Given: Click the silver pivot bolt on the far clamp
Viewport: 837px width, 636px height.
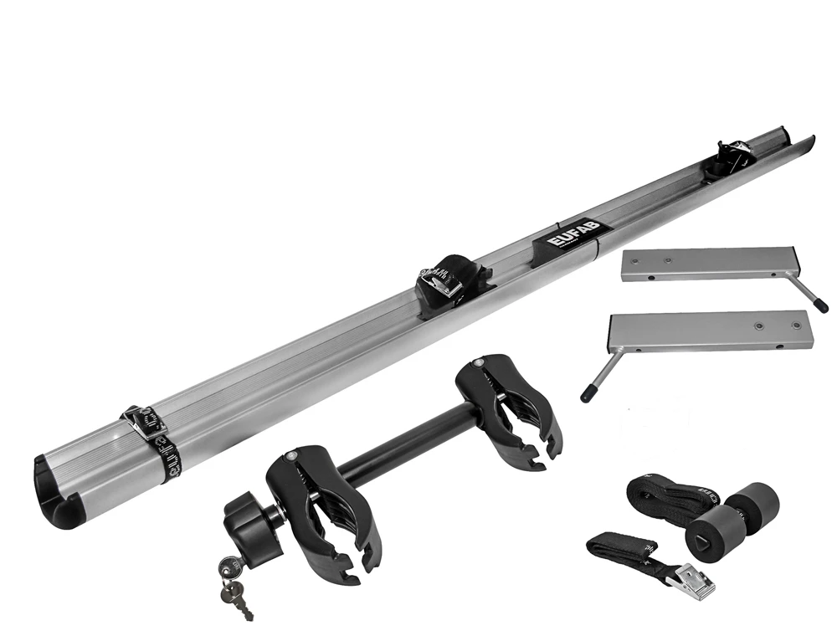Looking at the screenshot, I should coord(478,362).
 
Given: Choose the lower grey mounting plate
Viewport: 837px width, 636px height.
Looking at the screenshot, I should coord(711,331).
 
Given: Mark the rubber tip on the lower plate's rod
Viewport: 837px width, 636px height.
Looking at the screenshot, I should coord(588,389).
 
